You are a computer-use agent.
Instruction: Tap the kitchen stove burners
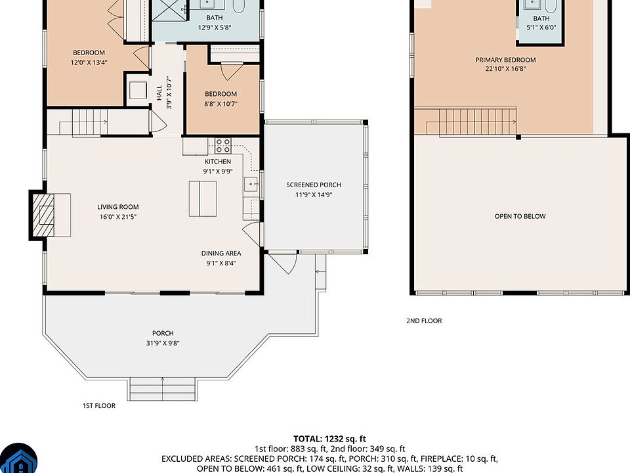pos(223,146)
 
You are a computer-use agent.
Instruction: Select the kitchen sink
pos(251,185)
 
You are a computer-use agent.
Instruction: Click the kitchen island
pos(203,198)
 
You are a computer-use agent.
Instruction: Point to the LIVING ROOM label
pos(117,207)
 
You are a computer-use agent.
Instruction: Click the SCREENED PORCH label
pos(314,185)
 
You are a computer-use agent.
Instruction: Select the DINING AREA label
pos(221,253)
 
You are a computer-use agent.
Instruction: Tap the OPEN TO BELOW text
pos(520,216)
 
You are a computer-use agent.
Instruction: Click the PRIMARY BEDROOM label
pos(505,60)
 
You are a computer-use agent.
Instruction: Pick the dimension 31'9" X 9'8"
pos(163,343)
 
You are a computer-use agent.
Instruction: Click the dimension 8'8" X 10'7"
pos(221,104)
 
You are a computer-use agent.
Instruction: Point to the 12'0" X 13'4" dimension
pos(89,62)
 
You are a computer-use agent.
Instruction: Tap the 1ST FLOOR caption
pos(99,405)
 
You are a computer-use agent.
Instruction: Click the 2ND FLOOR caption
pos(424,321)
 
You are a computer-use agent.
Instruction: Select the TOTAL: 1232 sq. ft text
pos(329,439)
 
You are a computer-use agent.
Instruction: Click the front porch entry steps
pos(163,389)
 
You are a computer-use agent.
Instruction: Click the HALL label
pos(159,93)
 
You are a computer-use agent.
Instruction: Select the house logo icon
pos(18,459)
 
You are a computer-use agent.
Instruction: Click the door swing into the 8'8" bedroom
pos(232,70)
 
